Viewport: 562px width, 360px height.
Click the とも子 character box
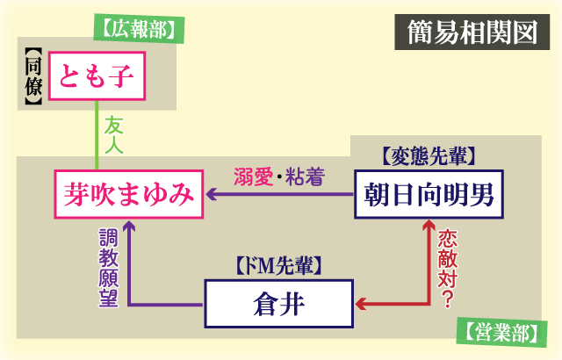pyautogui.click(x=96, y=79)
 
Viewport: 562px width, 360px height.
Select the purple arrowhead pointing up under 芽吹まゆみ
pyautogui.click(x=129, y=227)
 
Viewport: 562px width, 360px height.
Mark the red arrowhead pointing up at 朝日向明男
pyautogui.click(x=429, y=227)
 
